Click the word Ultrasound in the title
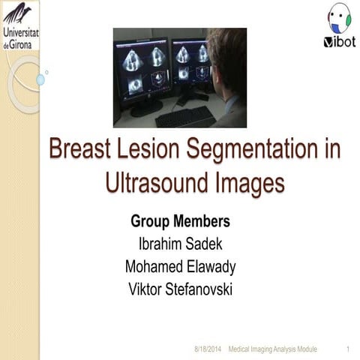pyautogui.click(x=153, y=183)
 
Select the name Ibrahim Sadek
pyautogui.click(x=180, y=244)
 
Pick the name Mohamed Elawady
pyautogui.click(x=180, y=266)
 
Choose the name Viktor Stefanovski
pyautogui.click(x=180, y=289)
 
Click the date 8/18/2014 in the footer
pyautogui.click(x=208, y=349)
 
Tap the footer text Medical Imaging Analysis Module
pyautogui.click(x=273, y=349)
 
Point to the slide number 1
pyautogui.click(x=349, y=349)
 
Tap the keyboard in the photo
pyautogui.click(x=184, y=115)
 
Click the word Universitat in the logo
pyautogui.click(x=22, y=34)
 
